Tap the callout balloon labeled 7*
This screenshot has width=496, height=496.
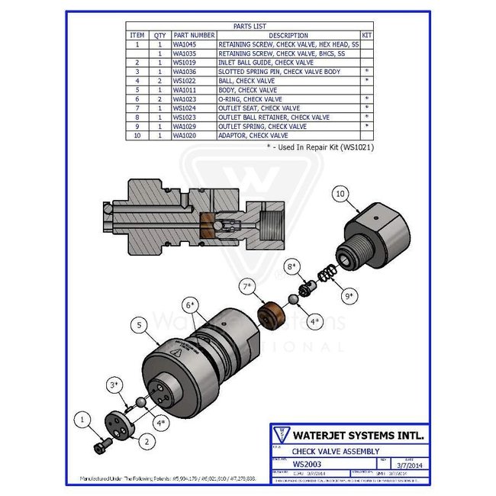246,288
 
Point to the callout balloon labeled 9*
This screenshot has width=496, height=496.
350,294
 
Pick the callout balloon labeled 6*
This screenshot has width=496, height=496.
188,304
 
